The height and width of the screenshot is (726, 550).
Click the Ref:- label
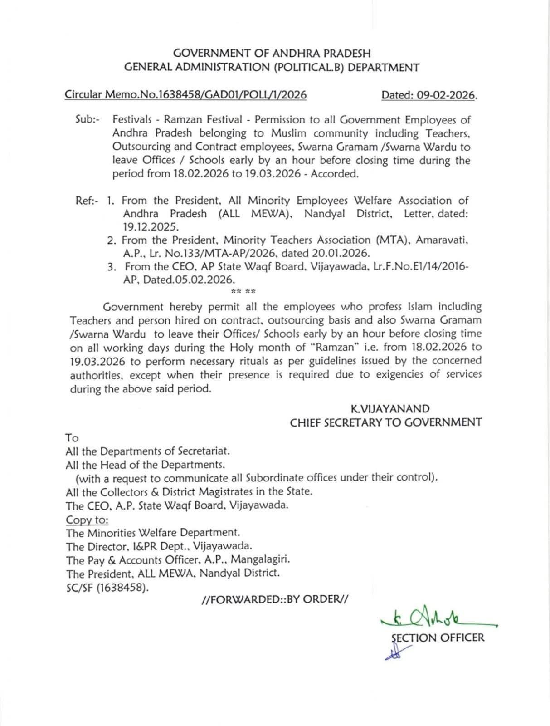[x=87, y=201]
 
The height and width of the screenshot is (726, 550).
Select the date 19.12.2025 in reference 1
[x=151, y=227]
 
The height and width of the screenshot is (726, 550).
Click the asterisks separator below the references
[x=243, y=291]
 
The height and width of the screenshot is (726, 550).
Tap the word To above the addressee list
[x=72, y=438]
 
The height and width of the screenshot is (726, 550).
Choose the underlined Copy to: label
[x=87, y=520]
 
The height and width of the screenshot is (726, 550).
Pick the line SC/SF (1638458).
[x=107, y=587]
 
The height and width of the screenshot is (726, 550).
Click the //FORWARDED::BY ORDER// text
[x=275, y=599]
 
